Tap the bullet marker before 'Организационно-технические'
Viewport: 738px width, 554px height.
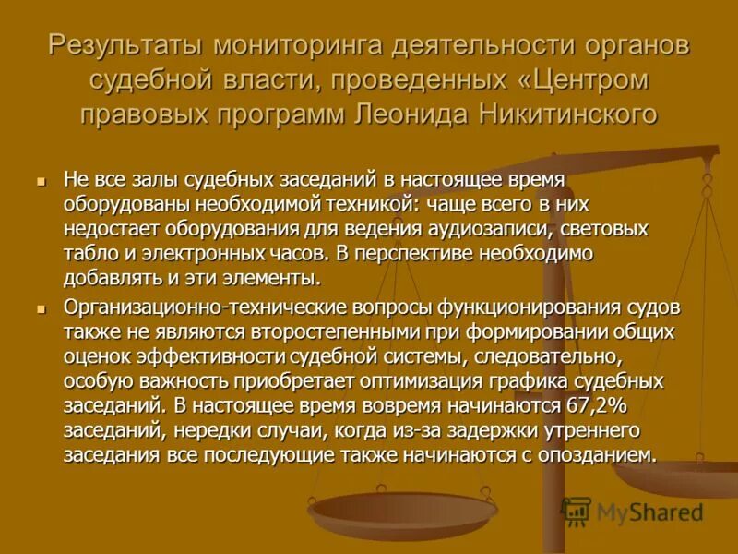pyautogui.click(x=40, y=307)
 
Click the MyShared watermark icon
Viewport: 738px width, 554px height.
pyautogui.click(x=577, y=511)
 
